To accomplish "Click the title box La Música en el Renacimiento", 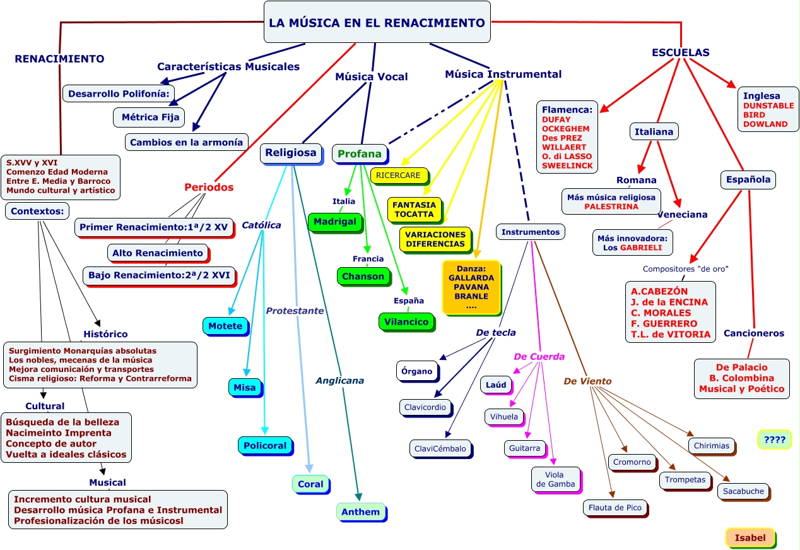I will [x=377, y=23].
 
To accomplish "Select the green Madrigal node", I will [x=334, y=222].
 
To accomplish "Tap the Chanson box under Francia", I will [x=363, y=276].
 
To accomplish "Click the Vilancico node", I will [x=407, y=321].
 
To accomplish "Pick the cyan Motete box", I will [x=225, y=326].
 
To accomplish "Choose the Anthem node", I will [x=360, y=511].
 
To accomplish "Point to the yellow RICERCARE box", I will [x=399, y=175].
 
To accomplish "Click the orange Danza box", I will [x=471, y=287].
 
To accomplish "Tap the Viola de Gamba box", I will [x=555, y=479].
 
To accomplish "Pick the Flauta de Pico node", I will [x=615, y=507].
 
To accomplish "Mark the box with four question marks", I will [x=774, y=439].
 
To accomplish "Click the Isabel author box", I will [x=750, y=537].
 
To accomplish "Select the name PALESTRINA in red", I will [x=611, y=206].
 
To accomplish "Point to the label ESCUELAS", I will [x=680, y=53].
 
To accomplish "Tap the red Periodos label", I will [x=209, y=187].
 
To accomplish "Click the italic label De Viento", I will [x=587, y=381].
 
